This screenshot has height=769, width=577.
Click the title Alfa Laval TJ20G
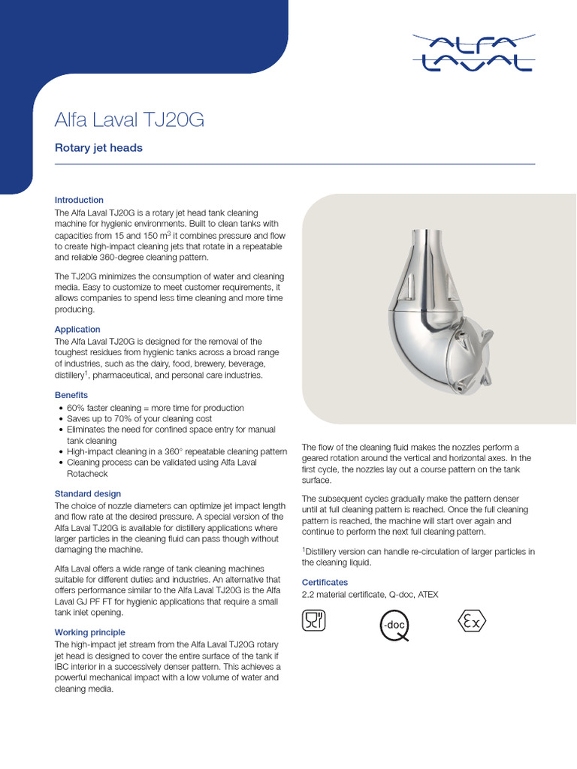point(129,120)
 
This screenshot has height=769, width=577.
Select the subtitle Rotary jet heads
point(98,148)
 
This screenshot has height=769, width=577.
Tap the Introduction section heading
point(79,200)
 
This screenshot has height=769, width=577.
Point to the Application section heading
point(77,329)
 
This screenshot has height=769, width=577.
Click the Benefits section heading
point(71,395)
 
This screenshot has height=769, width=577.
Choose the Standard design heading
point(88,493)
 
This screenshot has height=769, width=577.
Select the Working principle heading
point(90,632)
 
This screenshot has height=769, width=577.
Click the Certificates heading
point(325,582)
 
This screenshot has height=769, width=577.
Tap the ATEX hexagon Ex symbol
point(472,621)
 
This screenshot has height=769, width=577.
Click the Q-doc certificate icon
point(394,625)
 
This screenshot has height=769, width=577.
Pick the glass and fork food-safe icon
point(313,621)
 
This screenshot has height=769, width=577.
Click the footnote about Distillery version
point(418,556)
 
